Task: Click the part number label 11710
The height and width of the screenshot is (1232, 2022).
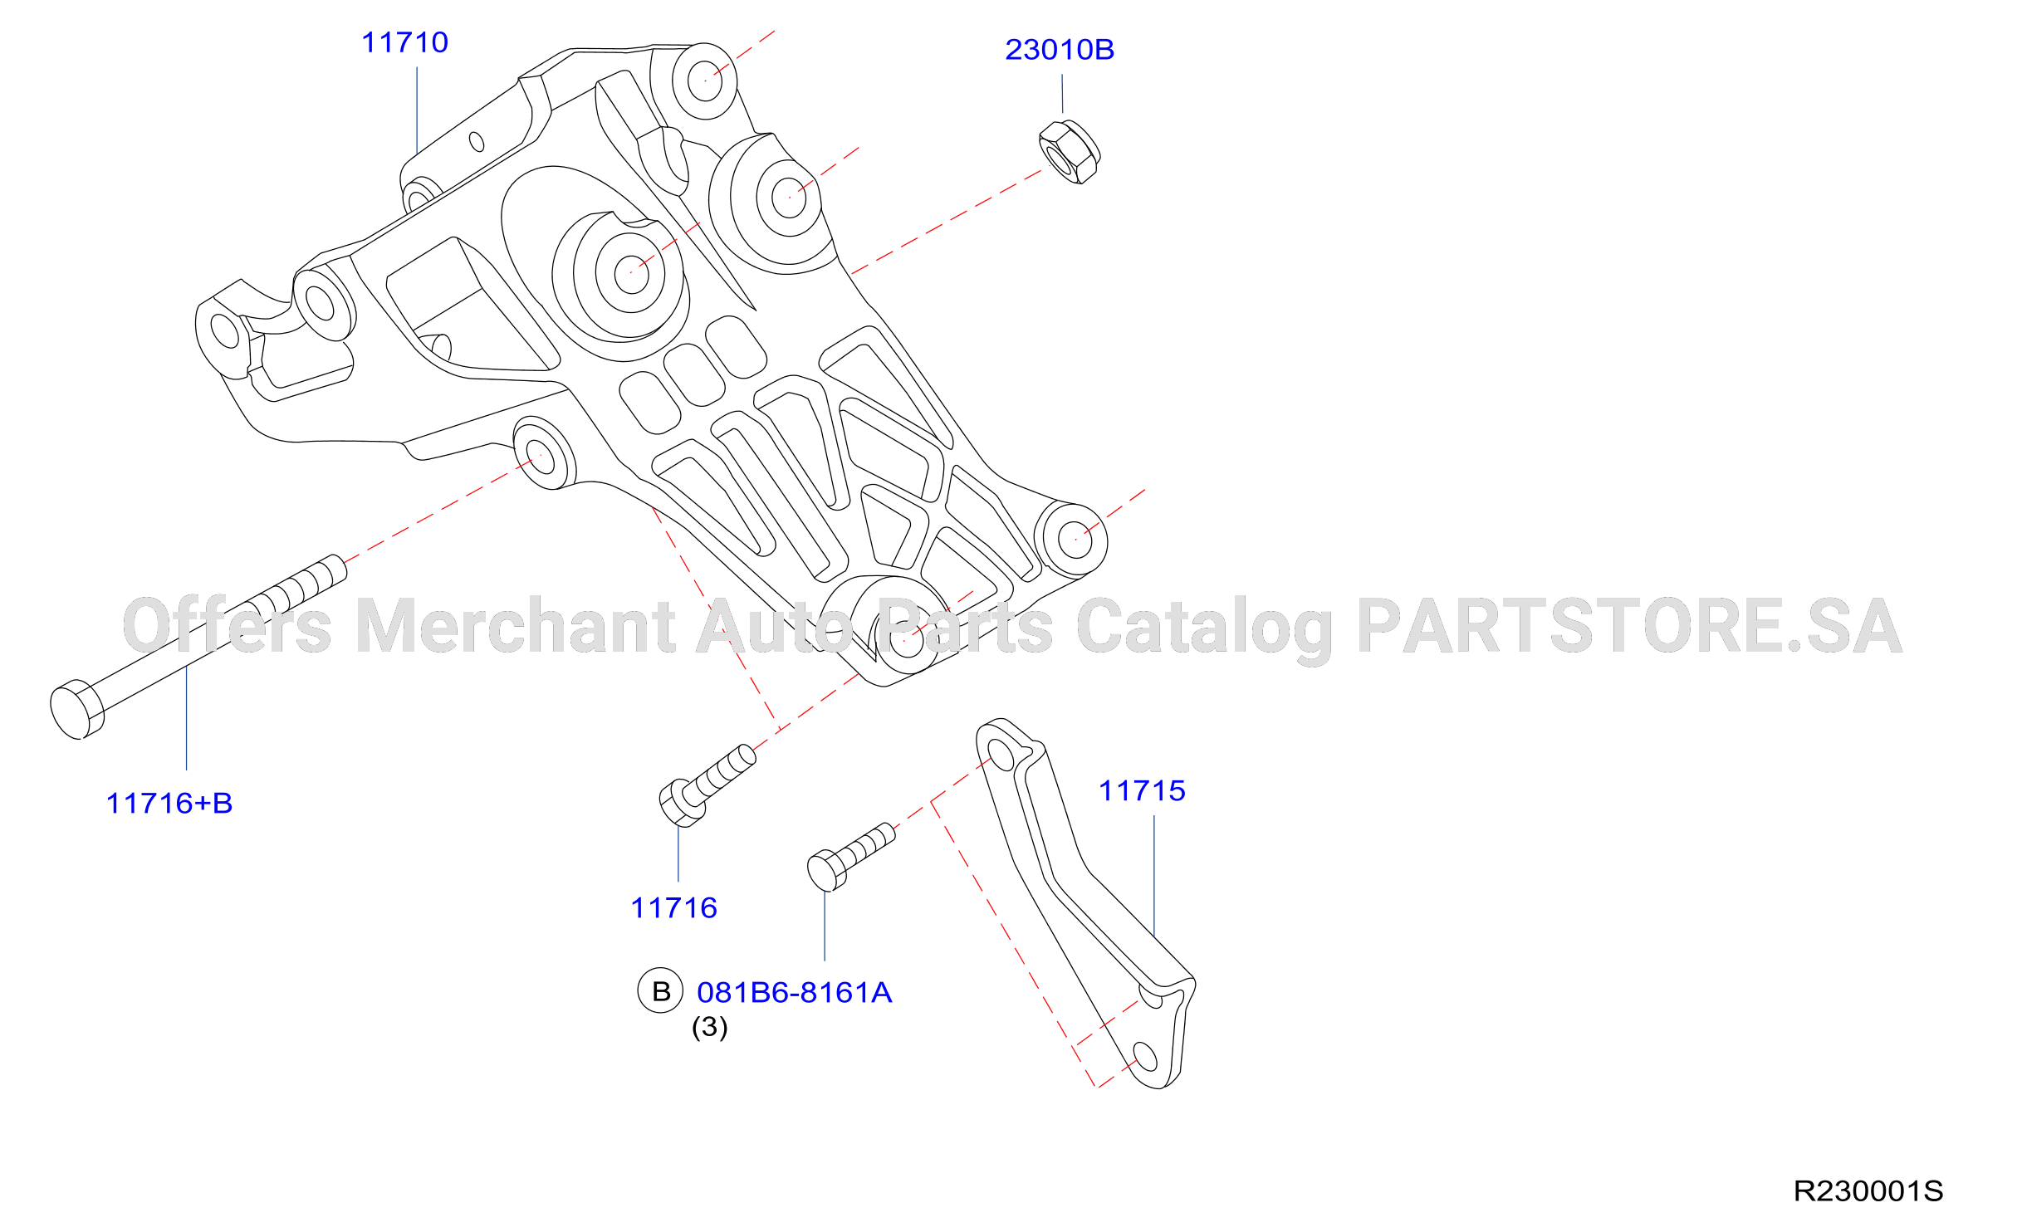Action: pyautogui.click(x=405, y=42)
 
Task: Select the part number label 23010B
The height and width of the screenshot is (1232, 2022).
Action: pyautogui.click(x=1060, y=50)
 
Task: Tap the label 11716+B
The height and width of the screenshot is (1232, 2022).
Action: pyautogui.click(x=169, y=804)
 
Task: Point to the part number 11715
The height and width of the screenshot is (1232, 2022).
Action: pyautogui.click(x=1142, y=791)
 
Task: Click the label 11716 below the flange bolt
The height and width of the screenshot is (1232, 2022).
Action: pyautogui.click(x=673, y=908)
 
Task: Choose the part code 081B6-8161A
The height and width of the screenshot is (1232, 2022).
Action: pyautogui.click(x=795, y=993)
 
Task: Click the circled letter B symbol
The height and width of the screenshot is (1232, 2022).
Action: pyautogui.click(x=660, y=990)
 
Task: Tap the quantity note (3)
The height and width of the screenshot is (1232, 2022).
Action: pyautogui.click(x=710, y=1027)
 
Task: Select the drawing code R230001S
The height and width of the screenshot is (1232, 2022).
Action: pyautogui.click(x=1868, y=1191)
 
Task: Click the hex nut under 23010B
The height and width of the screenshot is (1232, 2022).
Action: pyautogui.click(x=1070, y=152)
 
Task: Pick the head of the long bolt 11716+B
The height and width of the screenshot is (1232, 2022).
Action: pyautogui.click(x=76, y=710)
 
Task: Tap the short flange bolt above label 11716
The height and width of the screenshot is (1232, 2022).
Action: pyautogui.click(x=707, y=785)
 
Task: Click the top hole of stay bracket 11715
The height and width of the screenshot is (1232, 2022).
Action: pyautogui.click(x=1002, y=755)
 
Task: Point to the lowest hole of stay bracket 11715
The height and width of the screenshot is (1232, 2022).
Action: pyautogui.click(x=1145, y=1057)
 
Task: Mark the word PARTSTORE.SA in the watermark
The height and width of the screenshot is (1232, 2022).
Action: pyautogui.click(x=1630, y=626)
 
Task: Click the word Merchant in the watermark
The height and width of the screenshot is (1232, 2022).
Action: pyautogui.click(x=515, y=626)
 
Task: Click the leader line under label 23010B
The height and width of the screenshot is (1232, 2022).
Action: pyautogui.click(x=1062, y=94)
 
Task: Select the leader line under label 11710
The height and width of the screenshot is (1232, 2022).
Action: pyautogui.click(x=417, y=111)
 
